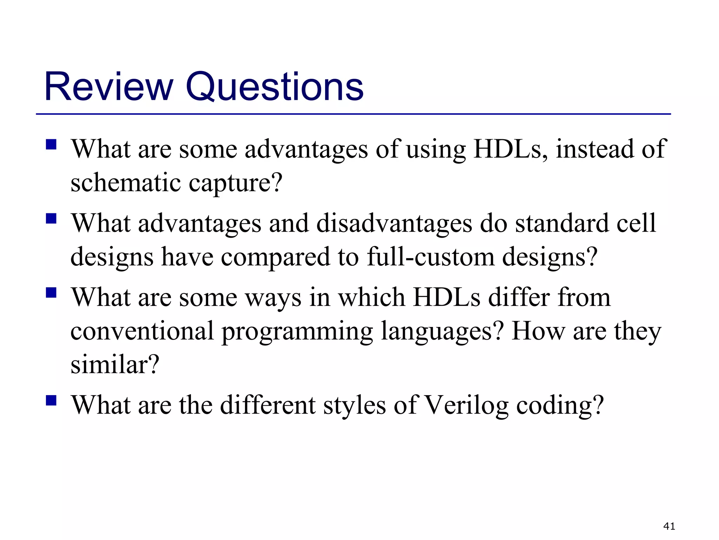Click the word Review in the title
coord(109,86)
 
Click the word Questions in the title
coord(274,86)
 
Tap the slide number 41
coord(669,526)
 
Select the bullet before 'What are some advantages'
coord(51,144)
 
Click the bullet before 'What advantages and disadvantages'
coord(51,219)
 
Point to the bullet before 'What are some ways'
coord(51,292)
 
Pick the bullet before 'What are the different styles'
coord(51,400)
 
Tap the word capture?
coord(236,184)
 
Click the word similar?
coord(115,365)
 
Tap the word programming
coord(297,332)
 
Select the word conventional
coord(142,331)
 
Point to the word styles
coord(354,405)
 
